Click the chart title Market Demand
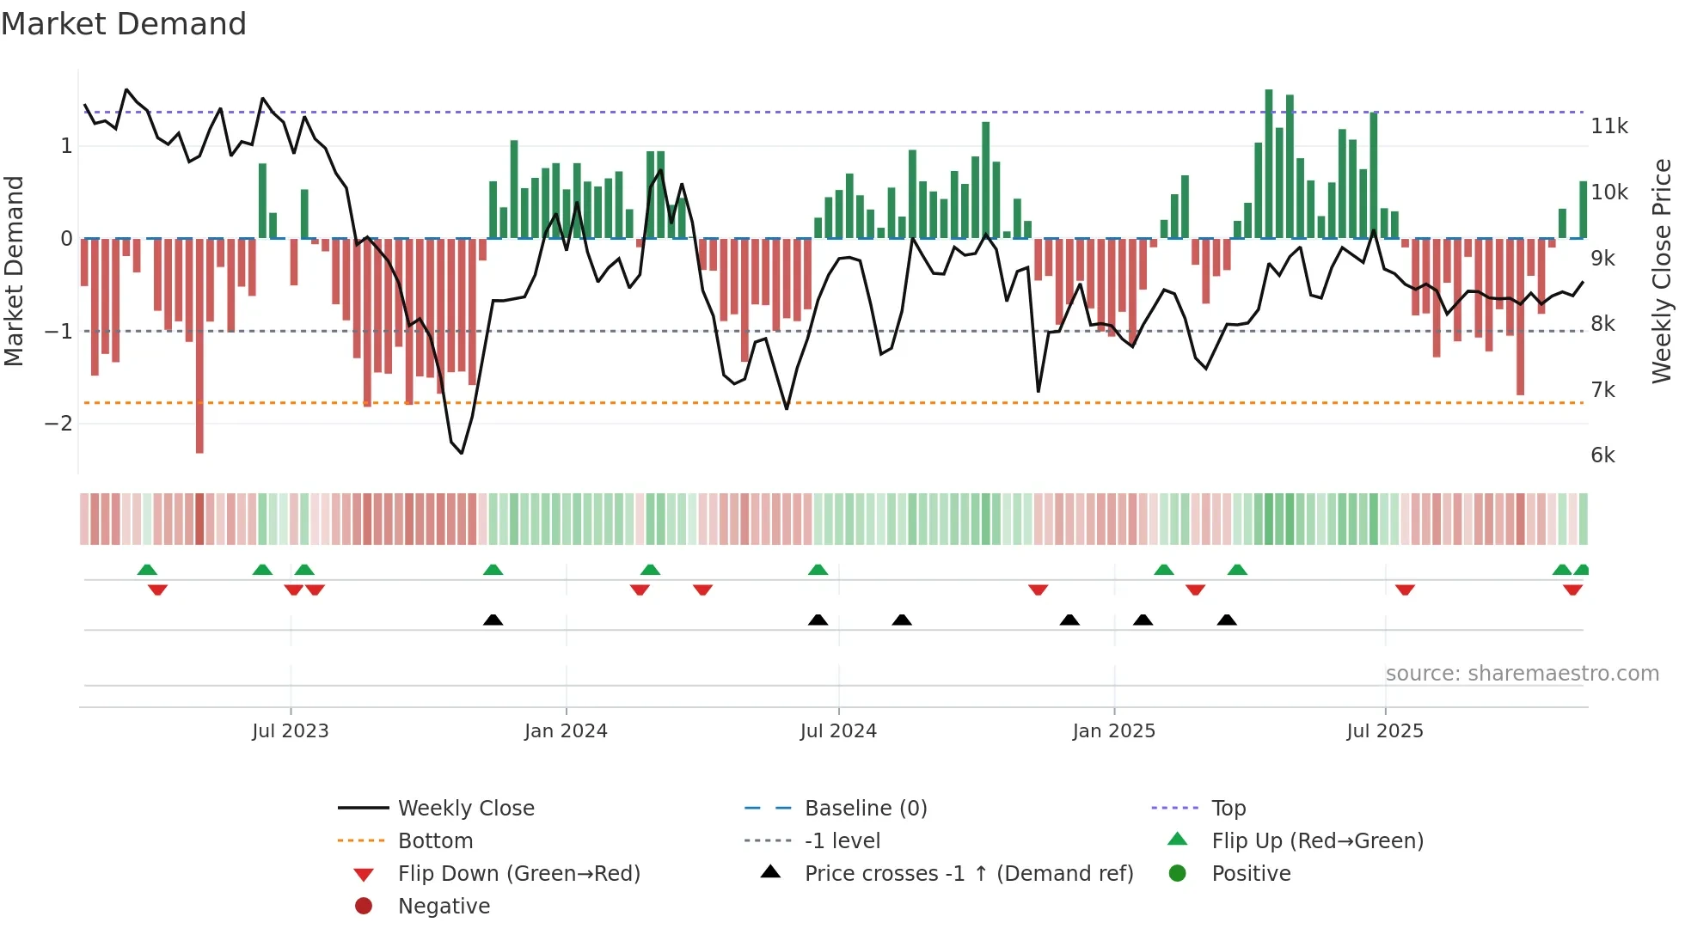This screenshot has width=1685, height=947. coord(124,24)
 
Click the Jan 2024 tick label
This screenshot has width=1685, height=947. coord(566,731)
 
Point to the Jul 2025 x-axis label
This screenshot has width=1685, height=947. coord(1385,731)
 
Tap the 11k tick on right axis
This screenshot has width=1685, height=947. coord(1609,126)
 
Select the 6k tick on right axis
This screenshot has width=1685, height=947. coord(1602,455)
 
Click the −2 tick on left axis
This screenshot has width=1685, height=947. coord(58,424)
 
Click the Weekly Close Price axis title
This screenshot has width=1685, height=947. coord(1662,271)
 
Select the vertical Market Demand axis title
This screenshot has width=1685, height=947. coord(15,271)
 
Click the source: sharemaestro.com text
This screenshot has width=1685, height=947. coord(1522,674)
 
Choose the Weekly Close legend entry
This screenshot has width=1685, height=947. coord(466,809)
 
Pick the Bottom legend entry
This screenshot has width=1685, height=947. coord(435,841)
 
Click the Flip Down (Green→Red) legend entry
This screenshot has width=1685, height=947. coord(518,874)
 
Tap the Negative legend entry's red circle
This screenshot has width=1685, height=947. coord(364,907)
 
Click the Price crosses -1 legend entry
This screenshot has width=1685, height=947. coord(968,874)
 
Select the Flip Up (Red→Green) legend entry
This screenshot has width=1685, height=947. coord(1317,841)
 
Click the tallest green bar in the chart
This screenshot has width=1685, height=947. coord(1269,163)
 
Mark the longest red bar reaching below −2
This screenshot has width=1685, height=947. coord(199,344)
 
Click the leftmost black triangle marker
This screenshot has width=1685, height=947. coord(493,620)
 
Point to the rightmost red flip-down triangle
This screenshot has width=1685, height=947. coord(1572,590)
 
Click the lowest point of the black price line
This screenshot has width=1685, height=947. coord(462,453)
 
